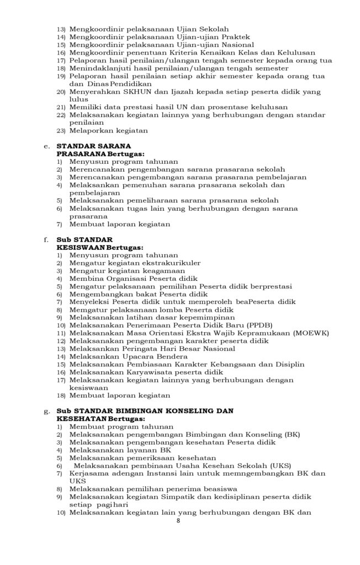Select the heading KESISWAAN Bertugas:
coord(100,248)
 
